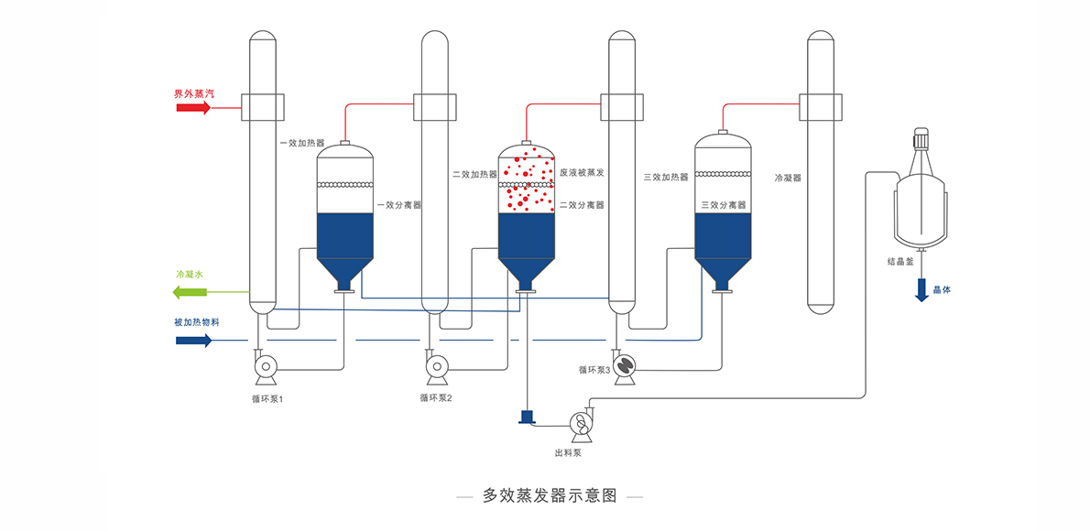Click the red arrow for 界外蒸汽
[193, 107]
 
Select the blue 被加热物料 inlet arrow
[193, 341]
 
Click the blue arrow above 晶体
[922, 290]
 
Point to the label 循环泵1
[267, 398]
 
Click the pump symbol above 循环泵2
[437, 369]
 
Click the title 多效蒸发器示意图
[550, 495]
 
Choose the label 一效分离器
[398, 205]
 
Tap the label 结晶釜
[900, 262]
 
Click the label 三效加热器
[666, 178]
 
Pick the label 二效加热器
[474, 173]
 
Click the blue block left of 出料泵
[527, 417]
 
